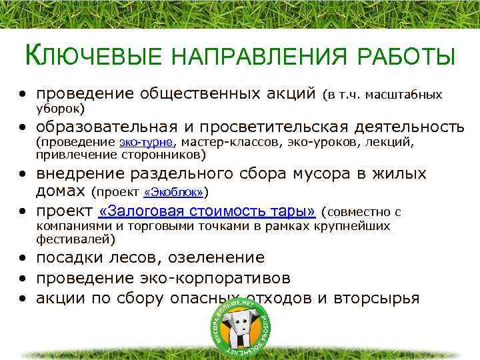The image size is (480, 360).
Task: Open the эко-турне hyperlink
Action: (146, 142)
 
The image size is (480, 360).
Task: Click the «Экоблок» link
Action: (173, 193)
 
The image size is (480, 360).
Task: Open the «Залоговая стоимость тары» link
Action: (207, 213)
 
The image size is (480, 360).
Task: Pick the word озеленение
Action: (217, 257)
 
